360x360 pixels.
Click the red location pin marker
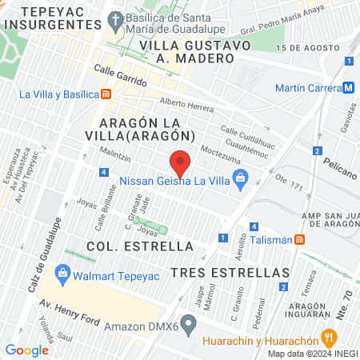click(x=181, y=164)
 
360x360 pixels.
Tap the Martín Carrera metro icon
click(x=350, y=88)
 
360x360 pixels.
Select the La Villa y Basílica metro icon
click(x=107, y=94)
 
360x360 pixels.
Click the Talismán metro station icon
click(x=299, y=238)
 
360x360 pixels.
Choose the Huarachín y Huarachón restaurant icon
click(x=326, y=337)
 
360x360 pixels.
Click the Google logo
click(x=26, y=350)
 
